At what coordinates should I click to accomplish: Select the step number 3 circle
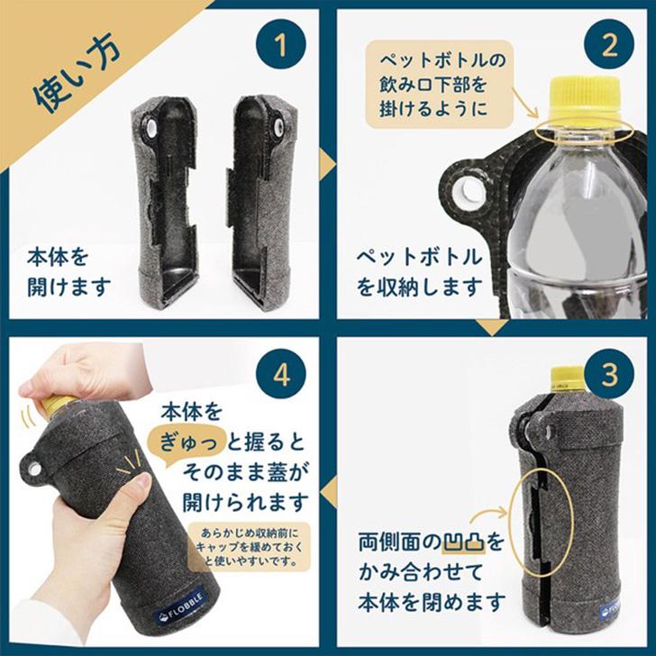(x=608, y=374)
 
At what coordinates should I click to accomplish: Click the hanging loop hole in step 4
(x=33, y=469)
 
